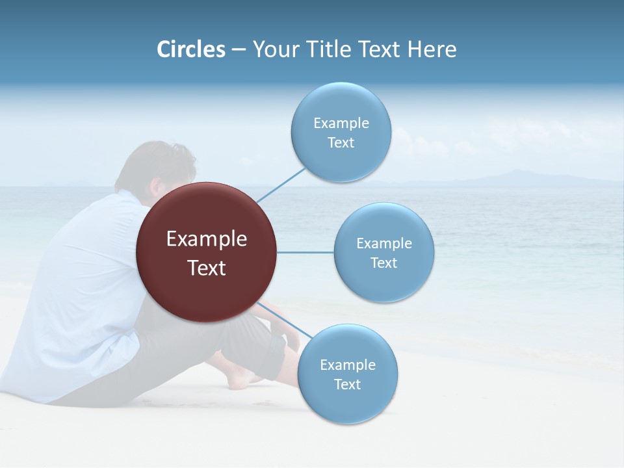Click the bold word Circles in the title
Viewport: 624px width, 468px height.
tap(191, 49)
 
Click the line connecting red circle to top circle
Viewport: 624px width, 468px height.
tap(281, 185)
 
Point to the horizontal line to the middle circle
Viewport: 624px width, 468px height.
tap(305, 252)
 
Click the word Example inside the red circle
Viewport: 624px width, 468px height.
tap(207, 239)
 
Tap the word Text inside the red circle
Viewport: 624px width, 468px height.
tap(207, 268)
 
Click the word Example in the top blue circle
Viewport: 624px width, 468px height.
tap(341, 123)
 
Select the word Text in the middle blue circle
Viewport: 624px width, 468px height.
tap(384, 263)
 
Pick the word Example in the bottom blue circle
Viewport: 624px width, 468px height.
tap(348, 365)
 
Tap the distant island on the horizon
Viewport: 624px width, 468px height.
tap(513, 176)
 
